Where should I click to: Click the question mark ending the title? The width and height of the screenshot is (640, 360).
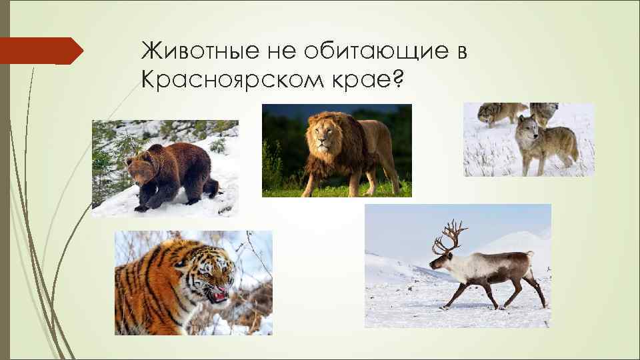(397, 81)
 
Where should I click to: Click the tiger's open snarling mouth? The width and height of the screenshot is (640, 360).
(218, 293)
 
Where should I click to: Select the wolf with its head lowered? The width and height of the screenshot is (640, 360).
(493, 113)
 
